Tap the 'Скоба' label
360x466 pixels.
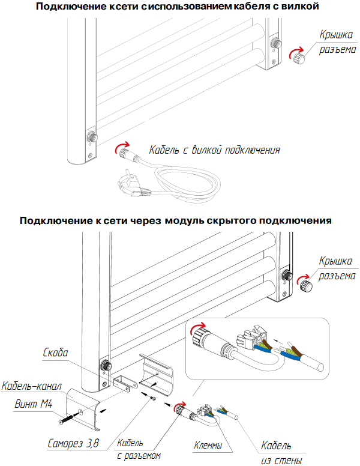[56, 352]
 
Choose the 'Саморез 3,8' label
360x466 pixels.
[74, 445]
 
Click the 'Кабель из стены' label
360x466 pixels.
[277, 453]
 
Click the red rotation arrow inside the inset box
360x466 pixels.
[197, 328]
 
